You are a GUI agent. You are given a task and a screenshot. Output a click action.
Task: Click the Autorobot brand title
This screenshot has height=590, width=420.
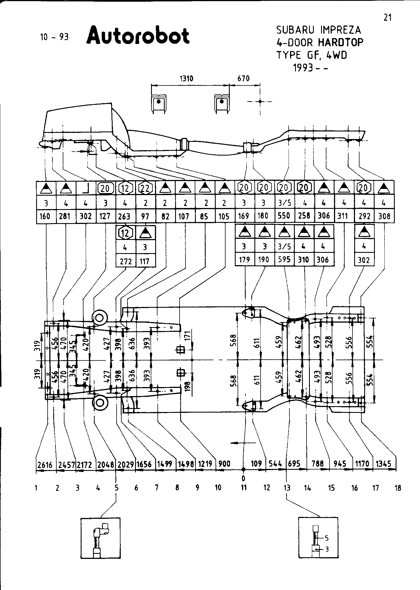[138, 36]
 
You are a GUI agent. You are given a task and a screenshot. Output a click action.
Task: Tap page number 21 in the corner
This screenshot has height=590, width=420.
[387, 18]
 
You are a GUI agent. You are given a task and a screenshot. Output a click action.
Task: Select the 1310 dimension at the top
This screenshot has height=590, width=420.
[186, 78]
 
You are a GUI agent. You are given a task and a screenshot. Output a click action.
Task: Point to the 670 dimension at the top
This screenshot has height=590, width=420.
[243, 78]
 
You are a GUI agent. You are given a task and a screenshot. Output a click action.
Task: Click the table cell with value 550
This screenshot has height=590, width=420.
[284, 216]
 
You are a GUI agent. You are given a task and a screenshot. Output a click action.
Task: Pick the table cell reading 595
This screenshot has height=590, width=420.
[284, 260]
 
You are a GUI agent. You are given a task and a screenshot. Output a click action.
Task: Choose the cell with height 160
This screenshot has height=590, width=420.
[45, 216]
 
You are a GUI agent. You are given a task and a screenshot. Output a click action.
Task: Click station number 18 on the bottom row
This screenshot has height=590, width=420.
[398, 488]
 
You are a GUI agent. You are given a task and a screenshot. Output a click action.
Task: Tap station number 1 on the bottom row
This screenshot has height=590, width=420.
[36, 488]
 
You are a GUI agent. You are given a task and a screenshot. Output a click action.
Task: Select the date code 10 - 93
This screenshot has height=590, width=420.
[54, 37]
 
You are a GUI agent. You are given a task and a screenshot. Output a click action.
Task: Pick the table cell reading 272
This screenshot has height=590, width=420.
[126, 261]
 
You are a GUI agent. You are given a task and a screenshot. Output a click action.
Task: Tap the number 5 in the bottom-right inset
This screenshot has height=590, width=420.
[327, 538]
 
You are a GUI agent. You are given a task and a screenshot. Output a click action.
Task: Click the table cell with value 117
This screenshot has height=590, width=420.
[145, 261]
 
